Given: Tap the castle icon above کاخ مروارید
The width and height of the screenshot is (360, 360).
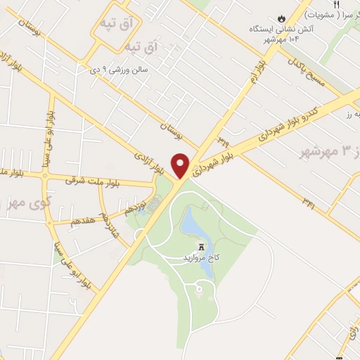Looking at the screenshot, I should pyautogui.click(x=202, y=247).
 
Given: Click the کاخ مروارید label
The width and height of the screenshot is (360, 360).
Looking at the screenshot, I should pyautogui.click(x=201, y=257).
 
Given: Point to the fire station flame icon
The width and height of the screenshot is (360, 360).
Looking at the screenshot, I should pyautogui.click(x=281, y=18).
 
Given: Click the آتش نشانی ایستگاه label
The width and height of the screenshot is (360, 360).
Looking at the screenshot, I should pyautogui.click(x=280, y=29).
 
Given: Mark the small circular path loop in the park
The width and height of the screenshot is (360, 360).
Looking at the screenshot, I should pyautogui.click(x=199, y=288).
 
